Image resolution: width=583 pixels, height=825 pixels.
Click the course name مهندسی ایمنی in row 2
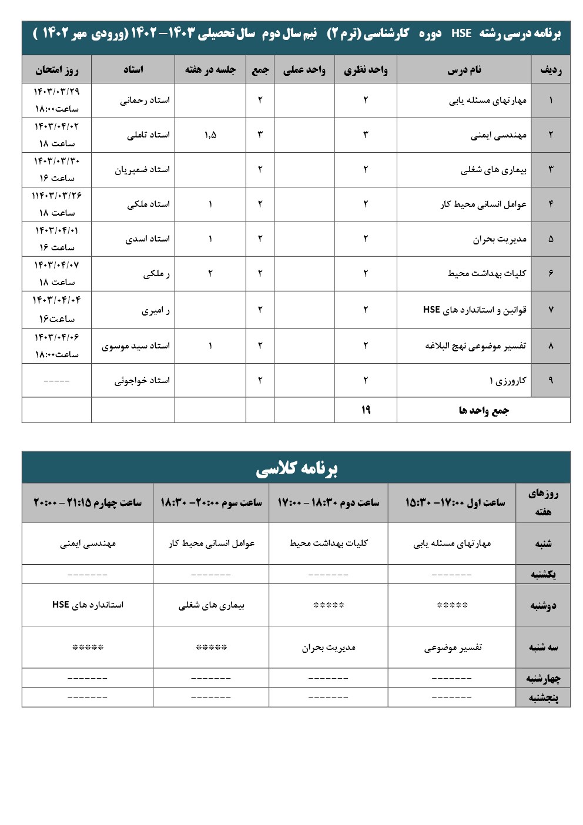pyautogui.click(x=498, y=135)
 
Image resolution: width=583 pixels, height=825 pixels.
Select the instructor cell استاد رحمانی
pyautogui.click(x=145, y=100)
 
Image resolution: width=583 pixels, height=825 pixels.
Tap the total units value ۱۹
pyautogui.click(x=366, y=410)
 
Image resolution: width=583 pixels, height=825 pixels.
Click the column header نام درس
pyautogui.click(x=464, y=70)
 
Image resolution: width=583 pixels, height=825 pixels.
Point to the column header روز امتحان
pyautogui.click(x=56, y=70)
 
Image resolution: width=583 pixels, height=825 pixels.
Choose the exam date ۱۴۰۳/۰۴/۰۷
pyautogui.click(x=56, y=266)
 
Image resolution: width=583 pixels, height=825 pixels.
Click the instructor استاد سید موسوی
pyautogui.click(x=136, y=346)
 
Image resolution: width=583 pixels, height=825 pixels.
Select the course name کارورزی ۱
pyautogui.click(x=508, y=381)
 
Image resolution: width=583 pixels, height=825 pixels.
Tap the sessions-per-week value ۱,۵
pyautogui.click(x=210, y=135)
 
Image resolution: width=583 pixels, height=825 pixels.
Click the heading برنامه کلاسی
pyautogui.click(x=296, y=468)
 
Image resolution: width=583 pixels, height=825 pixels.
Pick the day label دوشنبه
pyautogui.click(x=543, y=605)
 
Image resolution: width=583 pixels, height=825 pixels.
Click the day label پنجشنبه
pyautogui.click(x=543, y=697)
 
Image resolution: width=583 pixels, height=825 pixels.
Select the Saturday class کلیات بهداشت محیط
pyautogui.click(x=329, y=544)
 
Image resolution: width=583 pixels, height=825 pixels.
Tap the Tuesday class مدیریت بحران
pyautogui.click(x=329, y=648)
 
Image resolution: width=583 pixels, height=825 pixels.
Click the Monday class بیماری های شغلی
pyautogui.click(x=212, y=605)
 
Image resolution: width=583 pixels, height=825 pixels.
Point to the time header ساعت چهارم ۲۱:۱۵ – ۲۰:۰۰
pyautogui.click(x=88, y=502)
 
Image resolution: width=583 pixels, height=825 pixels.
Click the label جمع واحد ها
pyautogui.click(x=484, y=410)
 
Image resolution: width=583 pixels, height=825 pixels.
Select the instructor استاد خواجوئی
pyautogui.click(x=142, y=381)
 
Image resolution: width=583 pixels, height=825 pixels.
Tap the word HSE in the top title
pyautogui.click(x=461, y=33)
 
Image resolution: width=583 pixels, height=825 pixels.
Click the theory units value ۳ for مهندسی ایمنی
pyautogui.click(x=366, y=135)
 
